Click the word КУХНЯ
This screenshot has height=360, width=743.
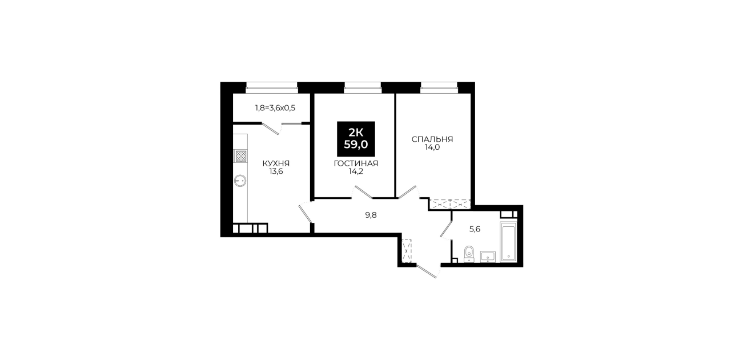(x=276, y=163)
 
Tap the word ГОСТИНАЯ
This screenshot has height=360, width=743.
(x=356, y=163)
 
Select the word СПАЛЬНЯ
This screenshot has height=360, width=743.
(x=432, y=139)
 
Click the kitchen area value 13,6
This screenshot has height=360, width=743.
(x=276, y=171)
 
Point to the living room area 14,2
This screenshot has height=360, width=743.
(x=356, y=171)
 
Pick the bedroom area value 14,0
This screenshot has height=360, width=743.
(x=432, y=147)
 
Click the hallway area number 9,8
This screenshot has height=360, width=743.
(x=371, y=215)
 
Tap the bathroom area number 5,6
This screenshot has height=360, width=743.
(x=475, y=229)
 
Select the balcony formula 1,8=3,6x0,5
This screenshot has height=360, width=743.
(x=275, y=108)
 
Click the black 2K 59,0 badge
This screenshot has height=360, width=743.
(x=356, y=139)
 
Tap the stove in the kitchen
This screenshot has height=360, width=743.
(x=241, y=156)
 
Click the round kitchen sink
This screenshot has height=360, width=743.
(x=240, y=181)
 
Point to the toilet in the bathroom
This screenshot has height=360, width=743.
(x=469, y=254)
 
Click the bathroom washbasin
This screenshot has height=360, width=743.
(x=488, y=257)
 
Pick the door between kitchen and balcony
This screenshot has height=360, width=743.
(x=270, y=129)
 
